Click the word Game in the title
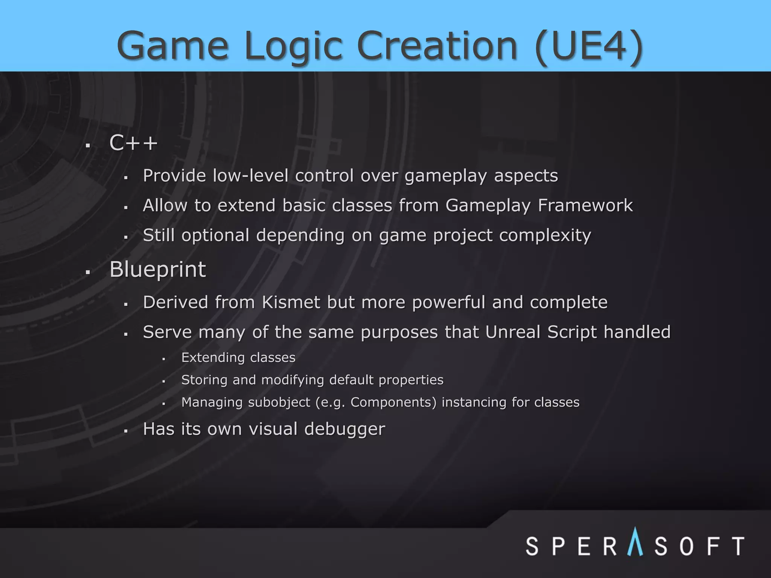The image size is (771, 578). point(172,46)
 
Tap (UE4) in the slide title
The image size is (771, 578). point(588,46)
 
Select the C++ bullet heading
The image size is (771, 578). point(133,143)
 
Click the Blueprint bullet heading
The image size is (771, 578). point(157,270)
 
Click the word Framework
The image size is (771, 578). point(585,205)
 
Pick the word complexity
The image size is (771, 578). point(545,236)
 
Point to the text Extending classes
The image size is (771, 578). point(238,357)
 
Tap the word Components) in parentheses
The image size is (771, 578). point(393,402)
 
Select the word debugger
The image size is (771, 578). point(344,429)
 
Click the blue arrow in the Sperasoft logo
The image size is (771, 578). point(635,542)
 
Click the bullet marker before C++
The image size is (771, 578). point(88,146)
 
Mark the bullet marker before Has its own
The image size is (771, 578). point(126,431)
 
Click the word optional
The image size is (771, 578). point(215,236)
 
